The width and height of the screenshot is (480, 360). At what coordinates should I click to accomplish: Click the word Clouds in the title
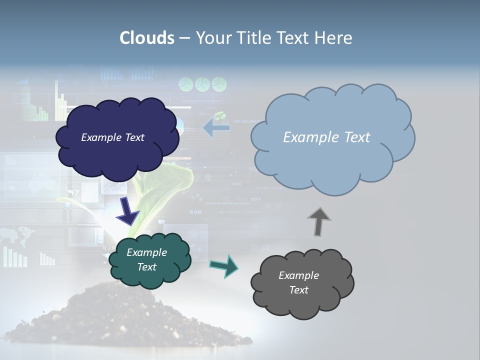146,38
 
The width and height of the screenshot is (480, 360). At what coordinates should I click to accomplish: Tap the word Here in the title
334,38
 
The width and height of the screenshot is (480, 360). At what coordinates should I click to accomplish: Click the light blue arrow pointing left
216,127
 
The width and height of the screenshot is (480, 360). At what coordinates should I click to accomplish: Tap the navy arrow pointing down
127,210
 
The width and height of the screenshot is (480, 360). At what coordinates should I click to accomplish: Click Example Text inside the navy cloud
112,137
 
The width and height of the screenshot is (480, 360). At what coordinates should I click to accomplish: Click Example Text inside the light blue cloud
326,137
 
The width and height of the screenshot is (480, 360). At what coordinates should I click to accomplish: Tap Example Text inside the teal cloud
146,259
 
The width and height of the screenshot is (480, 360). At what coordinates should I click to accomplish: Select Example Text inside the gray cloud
298,282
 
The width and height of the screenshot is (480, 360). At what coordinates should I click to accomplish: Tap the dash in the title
184,38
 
